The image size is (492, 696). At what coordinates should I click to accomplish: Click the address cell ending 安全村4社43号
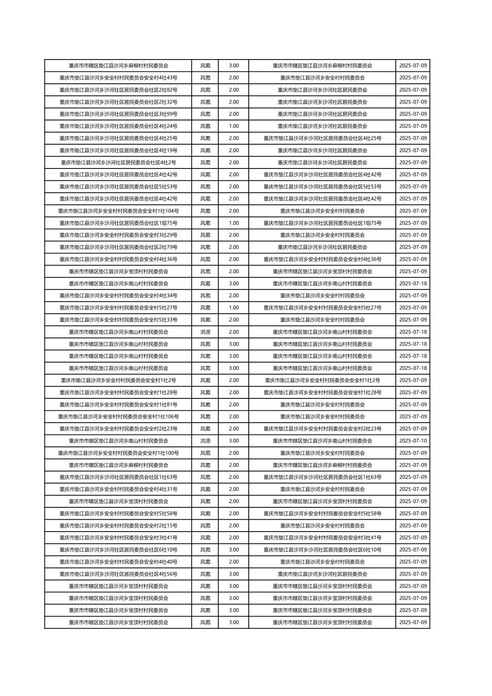tap(118, 78)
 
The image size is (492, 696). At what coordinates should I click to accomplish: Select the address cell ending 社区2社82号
tap(118, 90)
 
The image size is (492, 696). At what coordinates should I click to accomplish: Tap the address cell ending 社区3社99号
tap(118, 114)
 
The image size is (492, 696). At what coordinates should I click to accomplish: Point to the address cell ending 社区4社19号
tap(118, 150)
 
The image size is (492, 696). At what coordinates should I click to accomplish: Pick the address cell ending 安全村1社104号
tap(118, 211)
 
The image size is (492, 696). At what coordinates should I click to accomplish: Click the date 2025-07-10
tap(413, 440)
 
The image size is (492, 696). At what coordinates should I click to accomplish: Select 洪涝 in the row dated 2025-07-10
tap(205, 440)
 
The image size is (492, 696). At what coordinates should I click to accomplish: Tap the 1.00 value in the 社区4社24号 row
tap(234, 126)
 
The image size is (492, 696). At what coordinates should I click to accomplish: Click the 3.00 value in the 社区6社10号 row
tap(234, 549)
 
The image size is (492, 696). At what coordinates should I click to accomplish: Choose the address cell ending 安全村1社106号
tap(118, 417)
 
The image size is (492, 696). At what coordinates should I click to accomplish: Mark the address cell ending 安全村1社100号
tap(118, 453)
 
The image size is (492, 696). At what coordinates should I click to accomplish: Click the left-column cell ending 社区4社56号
tap(118, 574)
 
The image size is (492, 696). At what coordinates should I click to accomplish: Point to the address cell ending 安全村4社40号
tap(118, 562)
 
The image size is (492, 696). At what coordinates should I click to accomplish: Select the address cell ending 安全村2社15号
tap(118, 526)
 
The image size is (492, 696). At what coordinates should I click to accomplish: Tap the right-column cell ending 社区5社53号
tap(323, 186)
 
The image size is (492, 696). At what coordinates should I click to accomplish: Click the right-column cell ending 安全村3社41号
tap(323, 538)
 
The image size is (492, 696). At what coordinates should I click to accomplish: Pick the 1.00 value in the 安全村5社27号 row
tap(234, 308)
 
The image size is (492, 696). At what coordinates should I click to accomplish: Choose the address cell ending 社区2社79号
tap(118, 247)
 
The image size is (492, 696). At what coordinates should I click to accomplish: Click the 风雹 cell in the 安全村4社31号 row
tap(205, 489)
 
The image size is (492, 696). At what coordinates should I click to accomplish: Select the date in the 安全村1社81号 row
tap(413, 404)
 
